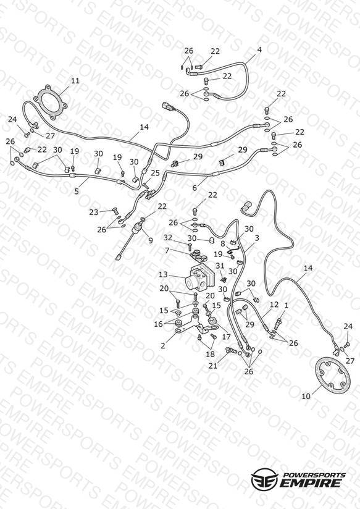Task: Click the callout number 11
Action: [x=75, y=80]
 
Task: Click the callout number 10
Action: [x=306, y=396]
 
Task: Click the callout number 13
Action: [x=163, y=275]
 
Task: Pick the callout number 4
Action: [x=259, y=49]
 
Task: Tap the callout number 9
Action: [x=150, y=240]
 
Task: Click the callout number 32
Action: [x=167, y=238]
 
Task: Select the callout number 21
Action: [x=212, y=366]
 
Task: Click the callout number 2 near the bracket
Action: [x=162, y=346]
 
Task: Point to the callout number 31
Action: [x=220, y=265]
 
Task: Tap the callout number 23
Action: [x=93, y=212]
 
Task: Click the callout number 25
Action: [x=155, y=173]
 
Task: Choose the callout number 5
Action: [x=77, y=191]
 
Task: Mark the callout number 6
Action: [x=195, y=188]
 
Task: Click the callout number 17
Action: [x=226, y=337]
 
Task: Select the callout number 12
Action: [x=274, y=305]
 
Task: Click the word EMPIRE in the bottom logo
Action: [x=311, y=482]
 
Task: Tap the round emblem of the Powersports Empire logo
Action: [x=264, y=479]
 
